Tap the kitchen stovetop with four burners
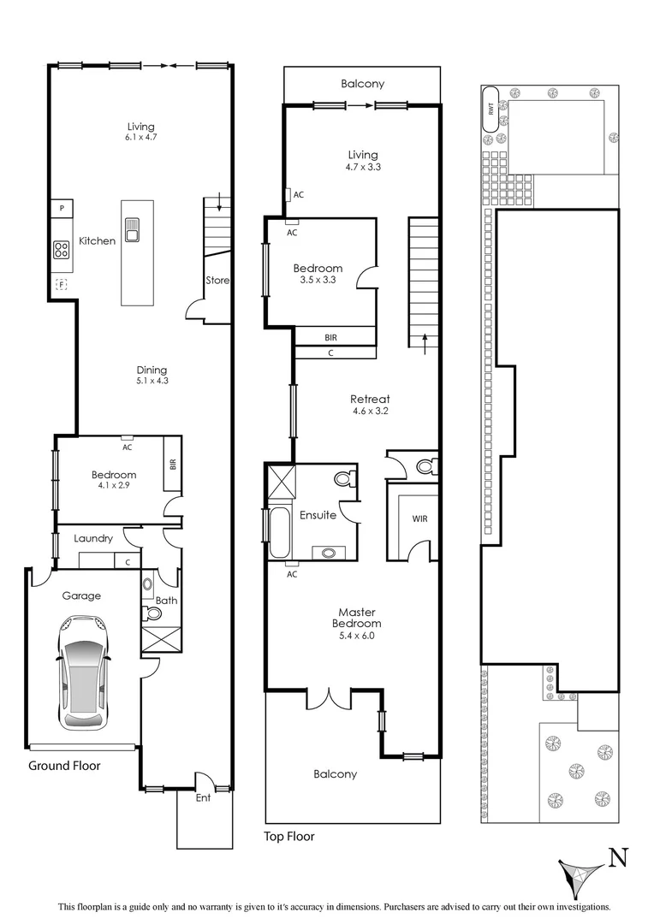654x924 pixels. (x=62, y=249)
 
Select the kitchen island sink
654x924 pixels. (x=133, y=229)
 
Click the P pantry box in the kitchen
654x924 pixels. (x=62, y=208)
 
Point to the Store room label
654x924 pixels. (x=216, y=280)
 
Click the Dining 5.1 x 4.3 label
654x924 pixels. (x=152, y=376)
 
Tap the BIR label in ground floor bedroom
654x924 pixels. (x=173, y=465)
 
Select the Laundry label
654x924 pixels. (x=93, y=539)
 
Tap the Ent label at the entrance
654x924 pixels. (x=203, y=797)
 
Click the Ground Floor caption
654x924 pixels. (x=64, y=766)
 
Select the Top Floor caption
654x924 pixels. (x=288, y=837)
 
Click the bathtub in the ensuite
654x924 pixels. (x=279, y=533)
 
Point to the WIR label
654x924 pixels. (x=419, y=518)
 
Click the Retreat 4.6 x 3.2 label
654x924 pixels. (x=370, y=404)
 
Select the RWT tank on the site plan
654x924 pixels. (x=490, y=109)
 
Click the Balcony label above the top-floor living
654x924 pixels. (x=362, y=84)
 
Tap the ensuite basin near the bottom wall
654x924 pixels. (x=330, y=552)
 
